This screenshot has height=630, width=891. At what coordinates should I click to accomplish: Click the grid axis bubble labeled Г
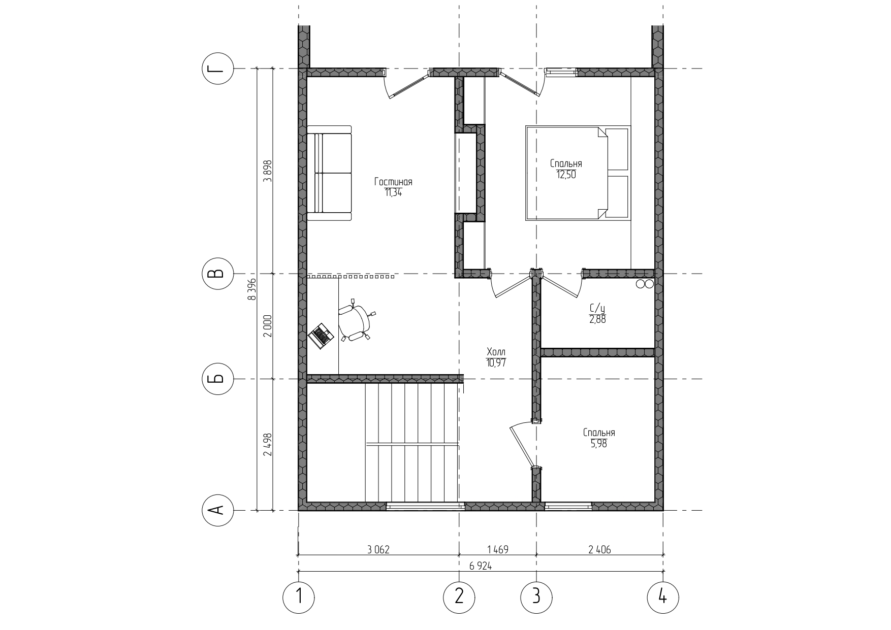[x=218, y=69]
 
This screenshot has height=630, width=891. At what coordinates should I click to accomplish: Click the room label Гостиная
[x=393, y=182]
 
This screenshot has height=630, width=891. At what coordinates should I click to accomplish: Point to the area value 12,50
[x=566, y=174]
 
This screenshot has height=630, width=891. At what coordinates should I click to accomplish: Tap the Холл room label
[x=496, y=352]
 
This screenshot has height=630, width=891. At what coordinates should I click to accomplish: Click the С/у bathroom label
[x=597, y=308]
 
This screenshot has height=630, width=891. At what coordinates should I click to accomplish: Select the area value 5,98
[x=598, y=443]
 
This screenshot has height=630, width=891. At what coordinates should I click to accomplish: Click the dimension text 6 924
[x=480, y=566]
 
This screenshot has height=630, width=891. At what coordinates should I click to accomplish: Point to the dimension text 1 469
[x=498, y=549]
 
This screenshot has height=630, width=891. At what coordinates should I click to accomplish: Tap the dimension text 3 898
[x=268, y=171]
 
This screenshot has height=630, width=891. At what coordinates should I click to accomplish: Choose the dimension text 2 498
[x=268, y=445]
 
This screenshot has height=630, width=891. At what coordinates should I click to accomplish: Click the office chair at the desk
[x=356, y=322]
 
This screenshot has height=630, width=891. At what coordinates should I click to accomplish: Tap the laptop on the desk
[x=321, y=336]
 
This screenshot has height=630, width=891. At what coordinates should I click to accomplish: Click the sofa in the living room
[x=329, y=173]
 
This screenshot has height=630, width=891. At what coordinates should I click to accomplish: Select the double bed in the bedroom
[x=577, y=173]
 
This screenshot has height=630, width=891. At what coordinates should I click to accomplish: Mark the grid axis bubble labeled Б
[x=218, y=379]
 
